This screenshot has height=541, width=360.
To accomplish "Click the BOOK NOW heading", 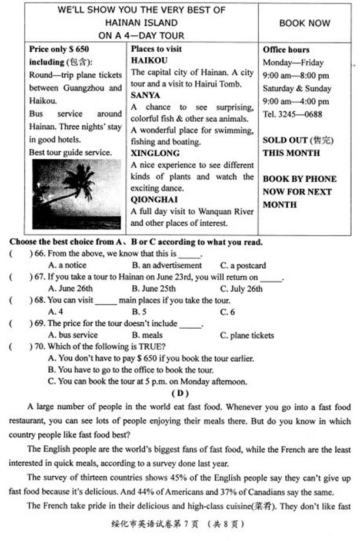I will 305,23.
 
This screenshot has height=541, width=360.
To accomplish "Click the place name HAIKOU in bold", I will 149,61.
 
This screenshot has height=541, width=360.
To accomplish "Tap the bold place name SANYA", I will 145,95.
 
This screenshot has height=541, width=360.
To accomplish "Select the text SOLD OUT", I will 285,140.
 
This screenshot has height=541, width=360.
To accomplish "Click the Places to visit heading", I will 156,49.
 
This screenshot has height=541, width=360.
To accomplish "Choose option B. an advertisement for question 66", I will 158,265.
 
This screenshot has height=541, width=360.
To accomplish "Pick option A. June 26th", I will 70,288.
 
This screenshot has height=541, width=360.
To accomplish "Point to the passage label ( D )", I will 179,392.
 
